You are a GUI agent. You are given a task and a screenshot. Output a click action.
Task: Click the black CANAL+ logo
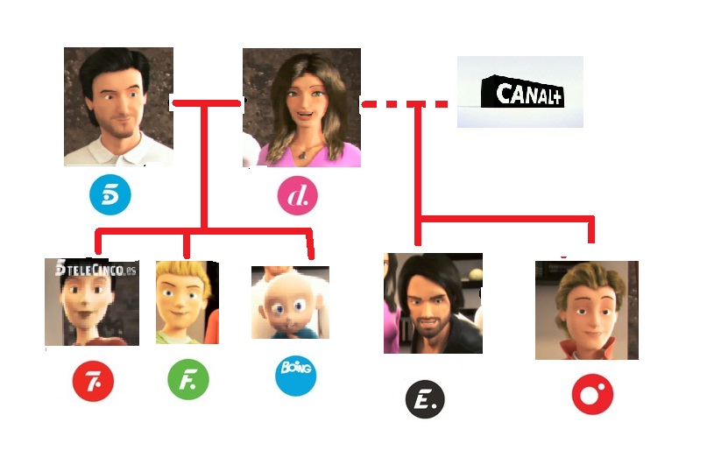(x=522, y=91)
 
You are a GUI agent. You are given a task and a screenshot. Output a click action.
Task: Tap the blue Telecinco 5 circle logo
(x=110, y=195)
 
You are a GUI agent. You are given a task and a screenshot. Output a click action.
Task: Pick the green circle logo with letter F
(x=187, y=381)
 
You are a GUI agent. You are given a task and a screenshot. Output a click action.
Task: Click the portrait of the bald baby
(x=290, y=302)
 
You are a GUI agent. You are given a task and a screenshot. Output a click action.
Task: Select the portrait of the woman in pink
(x=301, y=107)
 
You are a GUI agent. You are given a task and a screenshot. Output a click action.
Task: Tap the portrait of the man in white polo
(x=118, y=106)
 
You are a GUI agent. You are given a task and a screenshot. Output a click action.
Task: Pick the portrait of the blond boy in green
(x=187, y=302)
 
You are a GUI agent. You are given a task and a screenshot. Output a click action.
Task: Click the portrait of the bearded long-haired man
(x=433, y=303)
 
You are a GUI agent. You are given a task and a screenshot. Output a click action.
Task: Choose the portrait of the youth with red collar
(x=586, y=309)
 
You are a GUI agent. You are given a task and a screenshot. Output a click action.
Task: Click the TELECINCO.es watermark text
(x=96, y=269)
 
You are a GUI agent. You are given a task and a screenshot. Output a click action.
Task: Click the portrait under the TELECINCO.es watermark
(x=91, y=306)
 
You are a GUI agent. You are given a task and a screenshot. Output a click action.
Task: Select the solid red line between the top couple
(x=207, y=103)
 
